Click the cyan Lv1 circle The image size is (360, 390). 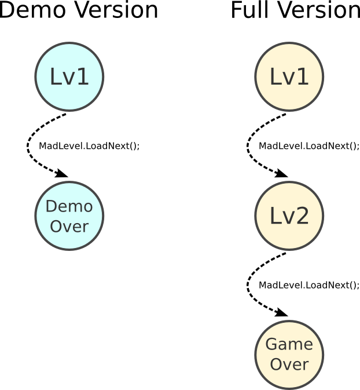coord(69,76)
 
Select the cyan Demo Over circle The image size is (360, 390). coord(69,216)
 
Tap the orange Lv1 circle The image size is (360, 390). coord(289,76)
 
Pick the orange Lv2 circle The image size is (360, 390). coord(289,216)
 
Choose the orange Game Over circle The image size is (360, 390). coord(289,355)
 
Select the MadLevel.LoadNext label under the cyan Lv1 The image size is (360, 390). coord(89,146)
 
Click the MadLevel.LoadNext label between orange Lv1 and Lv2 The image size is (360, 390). coord(309,146)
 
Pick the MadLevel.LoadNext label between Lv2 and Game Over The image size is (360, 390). coord(309,285)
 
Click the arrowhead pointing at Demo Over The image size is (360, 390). coord(61,173)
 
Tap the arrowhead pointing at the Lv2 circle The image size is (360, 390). coord(281,173)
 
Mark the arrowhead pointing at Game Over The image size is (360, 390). coord(281,313)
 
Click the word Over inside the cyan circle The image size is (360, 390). coord(69,226)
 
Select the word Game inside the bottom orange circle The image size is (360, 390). coord(289,345)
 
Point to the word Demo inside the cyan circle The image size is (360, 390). coord(69,206)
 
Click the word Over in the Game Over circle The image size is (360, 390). coord(289,365)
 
